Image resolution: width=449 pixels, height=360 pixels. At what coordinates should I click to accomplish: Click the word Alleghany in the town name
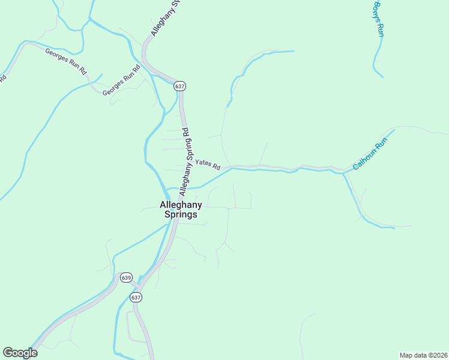coord(181,205)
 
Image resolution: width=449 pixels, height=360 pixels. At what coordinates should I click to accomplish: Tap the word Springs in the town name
coord(181,215)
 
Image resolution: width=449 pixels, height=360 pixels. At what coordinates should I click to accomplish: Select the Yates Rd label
coord(208,163)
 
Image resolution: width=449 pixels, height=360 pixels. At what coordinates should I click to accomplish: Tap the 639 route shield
coord(126,277)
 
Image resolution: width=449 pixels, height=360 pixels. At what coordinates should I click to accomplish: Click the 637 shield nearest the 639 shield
coord(136,297)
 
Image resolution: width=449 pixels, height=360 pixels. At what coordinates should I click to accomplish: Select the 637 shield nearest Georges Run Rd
coord(180,86)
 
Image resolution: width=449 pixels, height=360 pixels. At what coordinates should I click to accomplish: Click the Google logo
coord(20,353)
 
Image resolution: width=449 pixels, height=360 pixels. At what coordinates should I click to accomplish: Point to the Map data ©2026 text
coord(423,355)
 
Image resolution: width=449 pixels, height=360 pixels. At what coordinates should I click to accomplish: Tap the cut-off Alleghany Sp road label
coord(166,18)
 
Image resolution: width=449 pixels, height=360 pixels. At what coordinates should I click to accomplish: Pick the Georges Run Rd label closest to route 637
coord(121,80)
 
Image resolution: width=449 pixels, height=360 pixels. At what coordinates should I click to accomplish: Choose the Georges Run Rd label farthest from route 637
coord(67,60)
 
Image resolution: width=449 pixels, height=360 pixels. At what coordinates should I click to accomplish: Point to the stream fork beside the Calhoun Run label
coord(343,173)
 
